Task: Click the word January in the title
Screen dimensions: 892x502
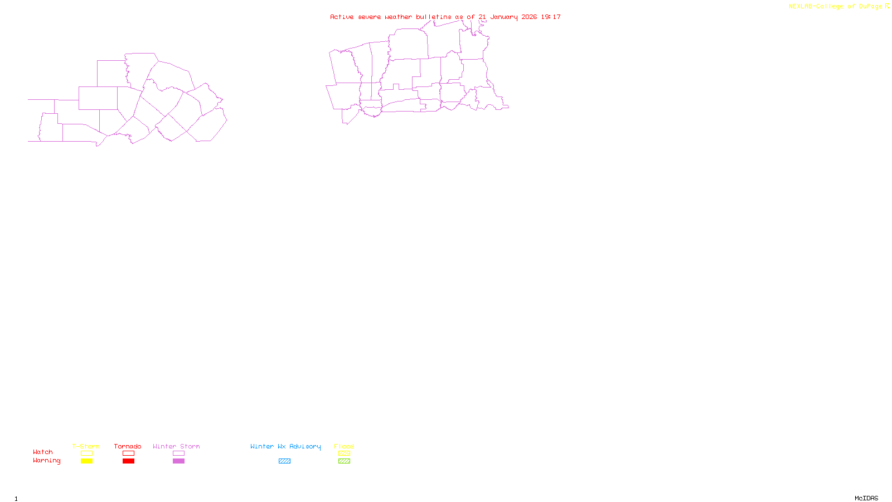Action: [x=503, y=17]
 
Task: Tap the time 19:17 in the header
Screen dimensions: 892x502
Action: [x=551, y=17]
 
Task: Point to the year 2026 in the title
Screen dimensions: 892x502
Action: [x=529, y=17]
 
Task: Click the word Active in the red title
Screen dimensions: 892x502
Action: [x=341, y=17]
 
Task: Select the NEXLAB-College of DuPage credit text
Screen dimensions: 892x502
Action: [x=835, y=6]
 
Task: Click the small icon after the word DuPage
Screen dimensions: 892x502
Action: [x=887, y=6]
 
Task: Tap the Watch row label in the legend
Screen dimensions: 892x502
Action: [x=43, y=452]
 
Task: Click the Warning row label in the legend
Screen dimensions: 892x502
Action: [x=46, y=461]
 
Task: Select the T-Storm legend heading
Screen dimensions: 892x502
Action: [x=86, y=446]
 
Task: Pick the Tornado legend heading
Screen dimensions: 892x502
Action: [x=128, y=446]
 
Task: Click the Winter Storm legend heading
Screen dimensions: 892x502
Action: [x=176, y=446]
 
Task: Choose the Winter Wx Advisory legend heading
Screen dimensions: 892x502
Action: [x=285, y=446]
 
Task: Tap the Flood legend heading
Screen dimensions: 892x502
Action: [x=344, y=446]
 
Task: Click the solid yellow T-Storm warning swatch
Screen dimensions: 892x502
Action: [x=86, y=461]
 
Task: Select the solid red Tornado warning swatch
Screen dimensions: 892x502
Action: [x=128, y=461]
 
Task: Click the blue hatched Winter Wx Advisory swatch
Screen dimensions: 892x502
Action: [x=284, y=461]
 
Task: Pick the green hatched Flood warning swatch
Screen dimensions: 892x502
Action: [x=344, y=461]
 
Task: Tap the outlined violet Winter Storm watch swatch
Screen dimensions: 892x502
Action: [x=178, y=453]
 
